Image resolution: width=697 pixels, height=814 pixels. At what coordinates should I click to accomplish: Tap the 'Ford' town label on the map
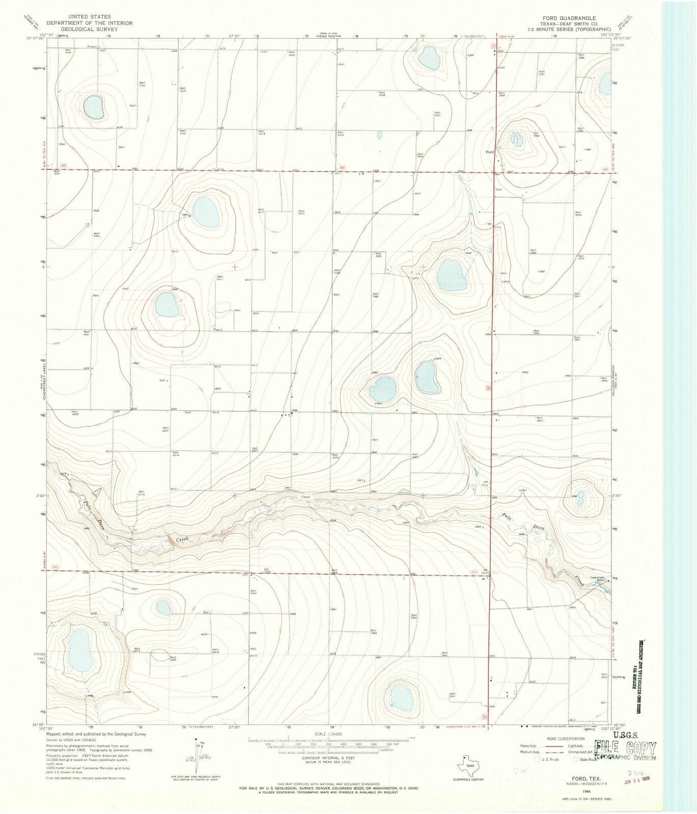point(490,152)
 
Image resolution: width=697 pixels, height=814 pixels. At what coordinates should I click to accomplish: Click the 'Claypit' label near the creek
point(305,498)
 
